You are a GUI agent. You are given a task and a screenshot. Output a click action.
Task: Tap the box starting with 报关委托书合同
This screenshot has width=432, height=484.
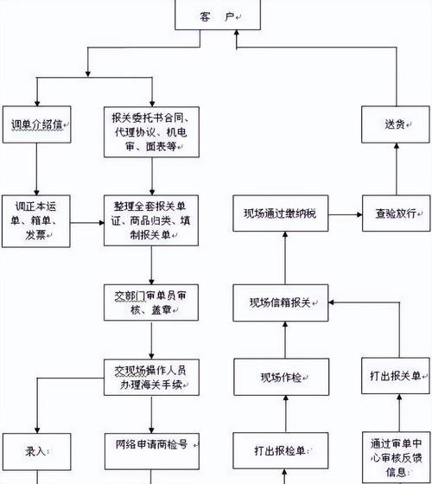(x=152, y=131)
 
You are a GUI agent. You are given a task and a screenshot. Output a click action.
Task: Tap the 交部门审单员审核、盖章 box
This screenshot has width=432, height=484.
(x=152, y=298)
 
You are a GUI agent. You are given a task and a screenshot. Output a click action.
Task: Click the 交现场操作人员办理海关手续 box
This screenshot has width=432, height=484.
(x=152, y=377)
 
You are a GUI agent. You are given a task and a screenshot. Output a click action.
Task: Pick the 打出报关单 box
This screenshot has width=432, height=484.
(x=396, y=377)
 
